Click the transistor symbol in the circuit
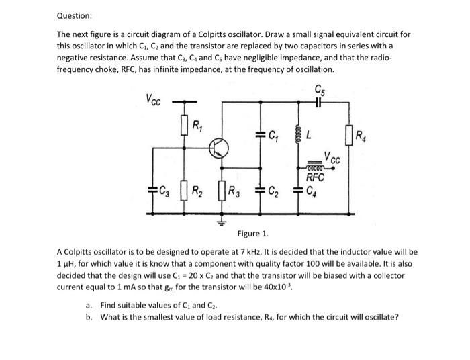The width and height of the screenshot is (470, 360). (219, 148)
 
